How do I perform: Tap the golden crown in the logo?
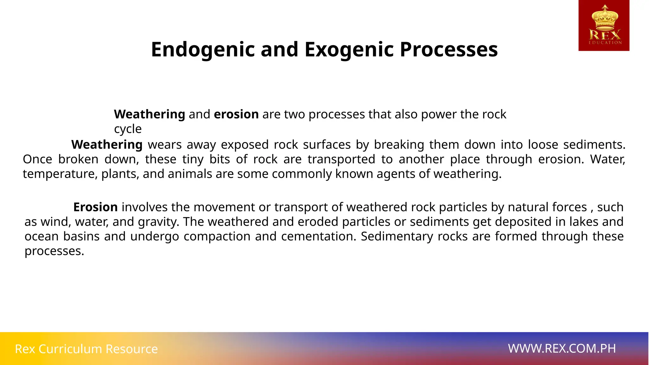[605, 17]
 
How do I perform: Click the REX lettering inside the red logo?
[605, 34]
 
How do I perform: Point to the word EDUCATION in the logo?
[605, 42]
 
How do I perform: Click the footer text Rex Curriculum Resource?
[86, 349]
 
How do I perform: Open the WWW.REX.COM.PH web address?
[562, 349]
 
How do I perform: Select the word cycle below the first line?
[128, 129]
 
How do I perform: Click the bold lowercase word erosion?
[236, 114]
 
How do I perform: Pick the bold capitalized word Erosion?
[95, 207]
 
